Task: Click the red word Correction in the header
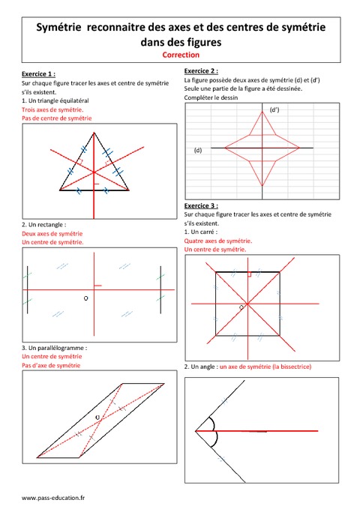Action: pyautogui.click(x=180, y=55)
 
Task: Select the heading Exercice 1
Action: pyautogui.click(x=38, y=74)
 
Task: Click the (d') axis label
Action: pyautogui.click(x=274, y=110)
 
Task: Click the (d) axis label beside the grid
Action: pyautogui.click(x=198, y=150)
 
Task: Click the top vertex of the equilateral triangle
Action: pyautogui.click(x=94, y=133)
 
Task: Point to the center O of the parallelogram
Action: pyautogui.click(x=97, y=415)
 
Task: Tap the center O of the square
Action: pyautogui.click(x=241, y=307)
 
